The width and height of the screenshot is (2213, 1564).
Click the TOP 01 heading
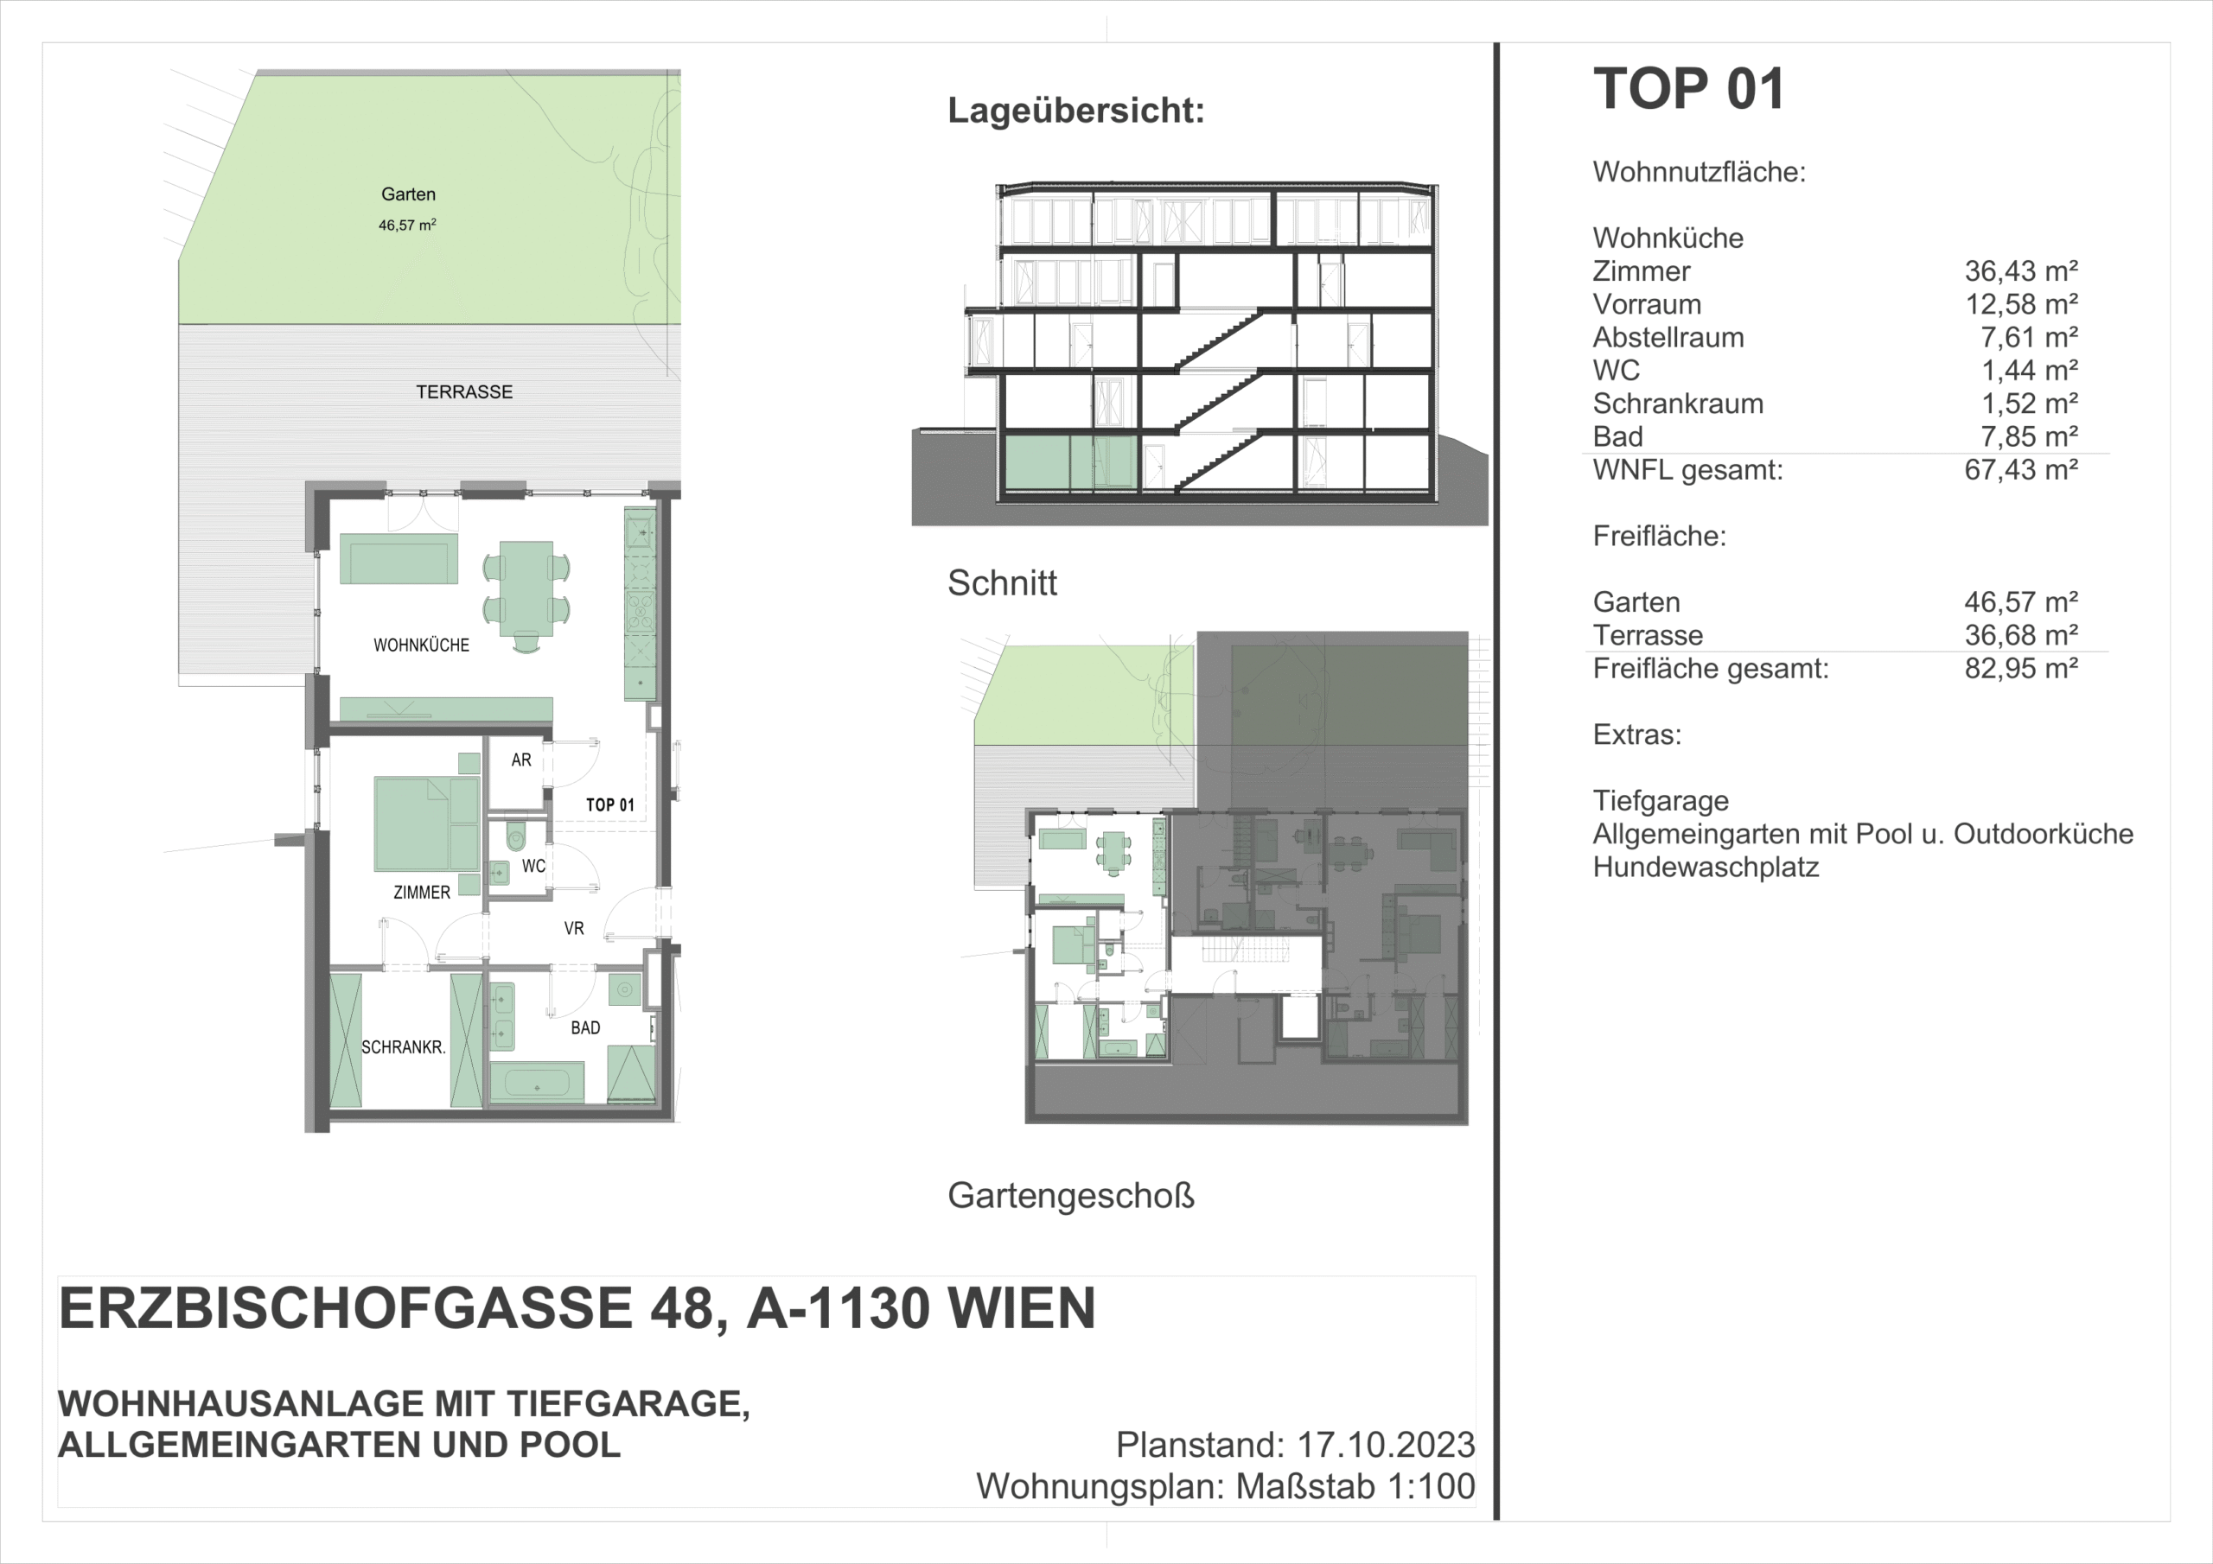click(1688, 89)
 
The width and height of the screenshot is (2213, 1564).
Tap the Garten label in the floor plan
click(408, 194)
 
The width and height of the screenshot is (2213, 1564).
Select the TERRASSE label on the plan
click(463, 391)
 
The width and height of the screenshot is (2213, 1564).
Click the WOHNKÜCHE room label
click(421, 645)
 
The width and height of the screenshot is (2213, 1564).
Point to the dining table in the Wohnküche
click(526, 588)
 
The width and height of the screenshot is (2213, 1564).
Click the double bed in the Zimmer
click(426, 825)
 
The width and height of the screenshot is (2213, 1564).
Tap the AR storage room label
click(521, 760)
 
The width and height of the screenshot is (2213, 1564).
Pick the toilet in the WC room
click(517, 836)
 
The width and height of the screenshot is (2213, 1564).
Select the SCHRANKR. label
click(403, 1046)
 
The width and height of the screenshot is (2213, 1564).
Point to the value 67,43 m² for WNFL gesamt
click(2021, 469)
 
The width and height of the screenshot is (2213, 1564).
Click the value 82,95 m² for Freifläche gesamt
click(2021, 668)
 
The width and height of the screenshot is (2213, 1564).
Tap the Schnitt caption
click(1003, 582)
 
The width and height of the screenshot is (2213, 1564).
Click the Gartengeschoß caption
click(1071, 1196)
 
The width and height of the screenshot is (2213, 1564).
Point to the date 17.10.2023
click(1386, 1445)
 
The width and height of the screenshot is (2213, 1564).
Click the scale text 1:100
click(1431, 1486)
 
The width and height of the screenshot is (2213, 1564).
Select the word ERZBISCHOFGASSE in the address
click(346, 1307)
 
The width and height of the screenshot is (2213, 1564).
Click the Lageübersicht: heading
click(1076, 110)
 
